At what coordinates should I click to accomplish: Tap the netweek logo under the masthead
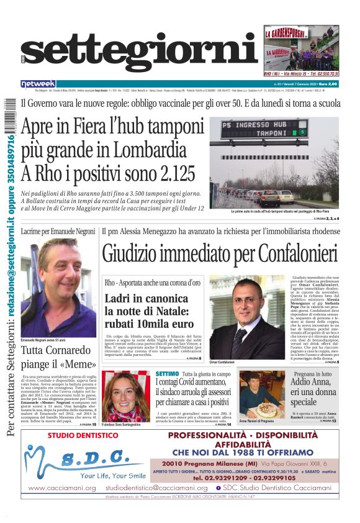click(x=38, y=84)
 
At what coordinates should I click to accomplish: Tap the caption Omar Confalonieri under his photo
click(x=222, y=362)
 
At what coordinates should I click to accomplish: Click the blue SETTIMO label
click(x=168, y=374)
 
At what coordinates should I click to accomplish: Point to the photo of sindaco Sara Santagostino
click(x=126, y=396)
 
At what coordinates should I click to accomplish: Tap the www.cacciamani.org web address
click(x=62, y=488)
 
